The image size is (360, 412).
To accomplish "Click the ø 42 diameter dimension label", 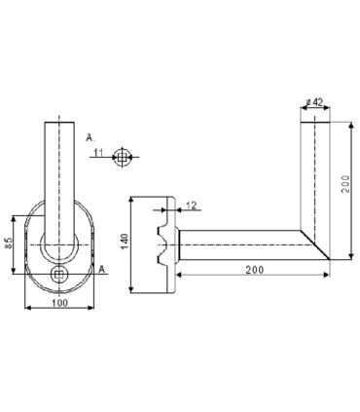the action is click(x=314, y=102).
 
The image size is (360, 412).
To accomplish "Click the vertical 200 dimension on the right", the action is click(x=345, y=184).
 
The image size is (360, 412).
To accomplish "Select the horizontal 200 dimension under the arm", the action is click(x=255, y=270).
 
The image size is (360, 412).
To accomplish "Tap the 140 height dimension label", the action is click(x=125, y=242).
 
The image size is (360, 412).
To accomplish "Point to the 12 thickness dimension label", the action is click(x=192, y=206).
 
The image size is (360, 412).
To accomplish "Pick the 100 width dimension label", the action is click(x=60, y=303).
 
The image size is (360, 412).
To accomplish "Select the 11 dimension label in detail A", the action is click(x=98, y=152).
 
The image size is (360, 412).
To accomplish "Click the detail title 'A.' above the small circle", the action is click(x=90, y=137).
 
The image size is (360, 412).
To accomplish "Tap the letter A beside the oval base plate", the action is click(x=102, y=269).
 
